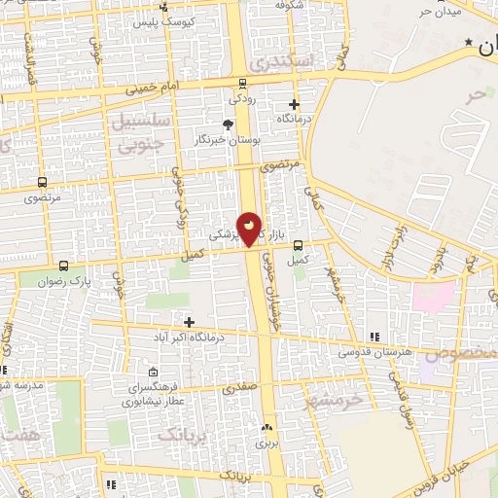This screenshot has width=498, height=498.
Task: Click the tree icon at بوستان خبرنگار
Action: (228, 124)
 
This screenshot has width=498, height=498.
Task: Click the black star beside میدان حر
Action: (470, 42)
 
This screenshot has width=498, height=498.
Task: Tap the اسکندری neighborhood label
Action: (283, 61)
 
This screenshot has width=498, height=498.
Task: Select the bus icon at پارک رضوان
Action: (64, 266)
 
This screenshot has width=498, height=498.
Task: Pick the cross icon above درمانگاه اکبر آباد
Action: (189, 322)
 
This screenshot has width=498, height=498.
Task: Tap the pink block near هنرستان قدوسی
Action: (433, 297)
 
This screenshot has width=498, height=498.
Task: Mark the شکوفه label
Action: (288, 6)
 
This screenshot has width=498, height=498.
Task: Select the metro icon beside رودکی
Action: (241, 84)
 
